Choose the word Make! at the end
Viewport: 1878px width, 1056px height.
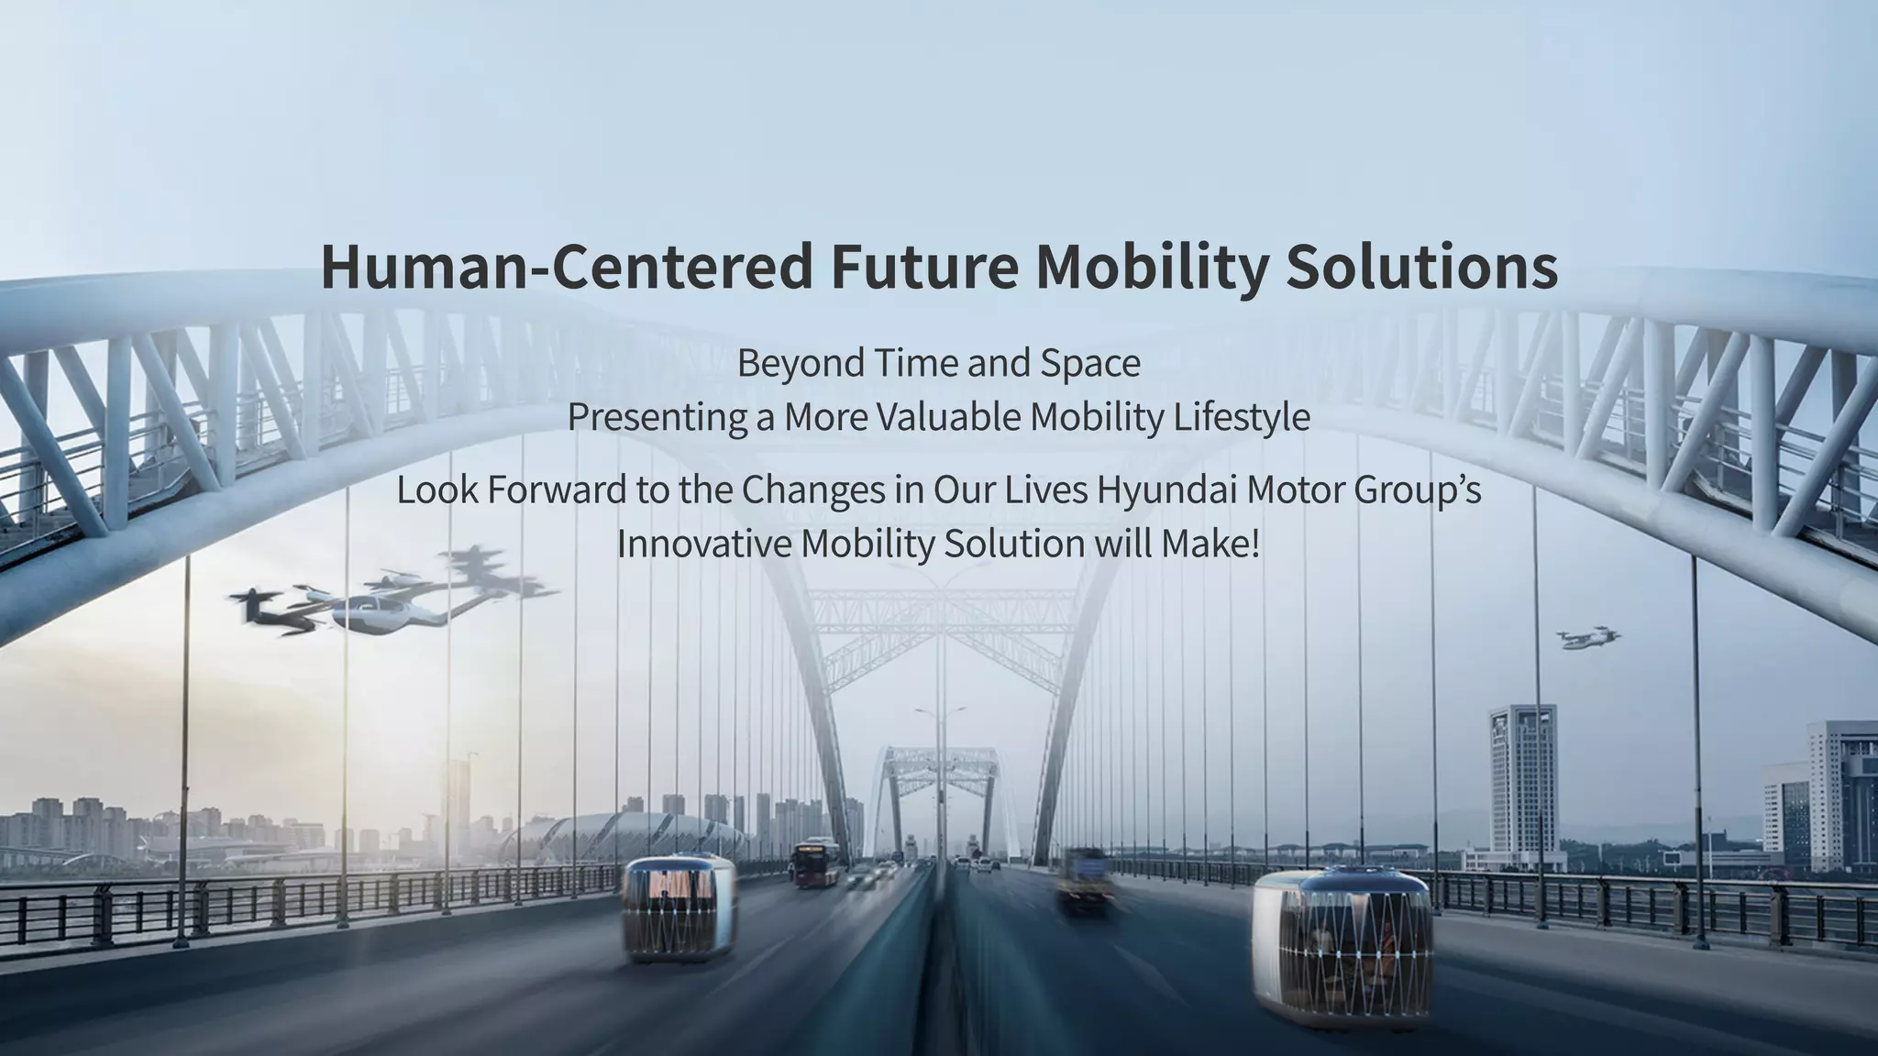(x=1210, y=544)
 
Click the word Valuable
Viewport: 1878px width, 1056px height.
(x=948, y=418)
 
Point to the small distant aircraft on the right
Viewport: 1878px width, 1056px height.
(x=1587, y=638)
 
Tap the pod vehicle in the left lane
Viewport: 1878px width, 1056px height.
(x=679, y=909)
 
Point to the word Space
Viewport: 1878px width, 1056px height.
(x=1090, y=364)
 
